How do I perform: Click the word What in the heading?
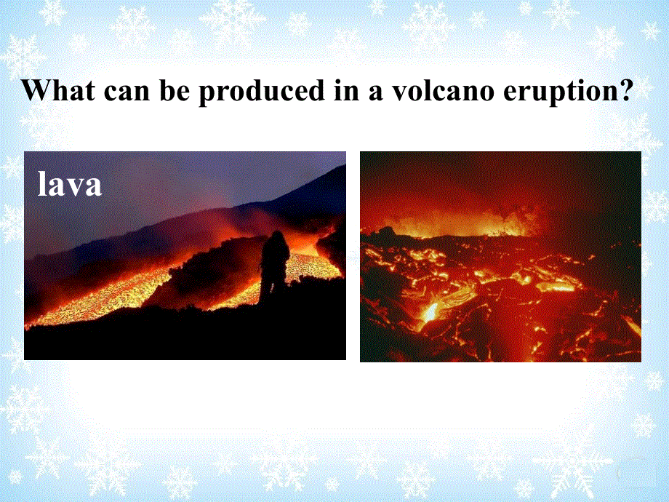click(x=59, y=89)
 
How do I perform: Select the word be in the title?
click(x=175, y=89)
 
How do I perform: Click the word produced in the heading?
click(x=262, y=92)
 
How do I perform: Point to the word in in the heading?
click(x=347, y=89)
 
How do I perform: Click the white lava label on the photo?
click(x=70, y=183)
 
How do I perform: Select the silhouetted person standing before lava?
click(x=274, y=268)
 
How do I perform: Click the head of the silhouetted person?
click(x=277, y=237)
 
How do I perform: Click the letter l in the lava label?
click(x=42, y=183)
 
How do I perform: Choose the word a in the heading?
click(x=376, y=92)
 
